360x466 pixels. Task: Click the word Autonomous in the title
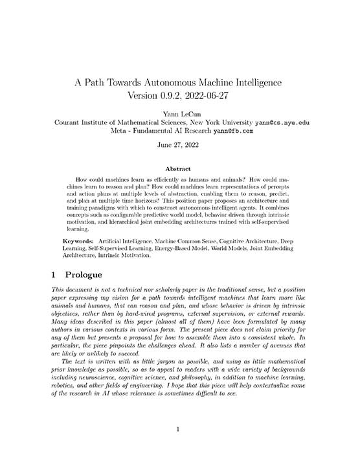coord(174,83)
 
